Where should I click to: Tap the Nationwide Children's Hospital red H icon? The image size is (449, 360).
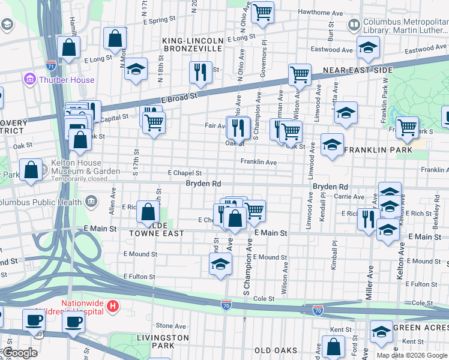(x=112, y=307)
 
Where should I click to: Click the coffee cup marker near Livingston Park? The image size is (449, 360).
(x=74, y=322)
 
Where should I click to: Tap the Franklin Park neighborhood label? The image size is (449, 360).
(x=378, y=149)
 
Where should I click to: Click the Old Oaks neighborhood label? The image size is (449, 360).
(x=276, y=350)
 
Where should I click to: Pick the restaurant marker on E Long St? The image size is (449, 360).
(x=200, y=73)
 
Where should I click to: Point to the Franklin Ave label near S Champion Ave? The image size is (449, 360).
(x=258, y=162)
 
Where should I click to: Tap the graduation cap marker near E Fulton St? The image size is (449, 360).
(x=220, y=264)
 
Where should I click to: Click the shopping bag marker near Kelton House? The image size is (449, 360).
(x=31, y=170)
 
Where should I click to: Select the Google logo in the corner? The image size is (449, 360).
(x=20, y=353)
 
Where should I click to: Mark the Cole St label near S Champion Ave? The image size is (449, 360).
(x=264, y=298)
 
